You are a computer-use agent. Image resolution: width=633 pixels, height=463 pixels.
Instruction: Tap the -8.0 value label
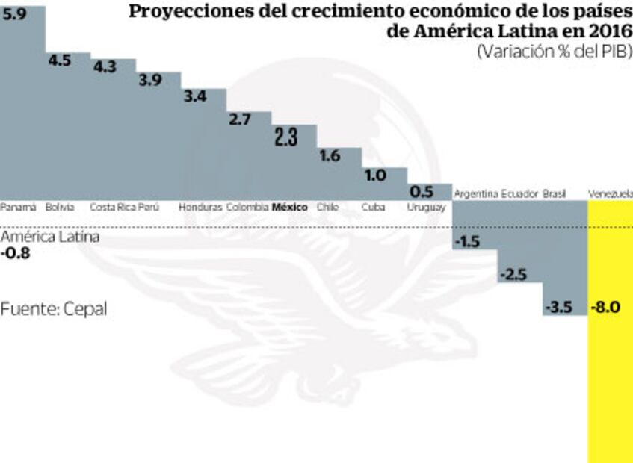[x=605, y=307]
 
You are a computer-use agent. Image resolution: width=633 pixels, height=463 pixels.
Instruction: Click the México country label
[x=290, y=207]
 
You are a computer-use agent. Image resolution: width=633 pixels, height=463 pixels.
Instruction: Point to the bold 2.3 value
[x=286, y=137]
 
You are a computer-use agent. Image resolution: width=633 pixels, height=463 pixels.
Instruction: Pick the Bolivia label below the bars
[x=60, y=207]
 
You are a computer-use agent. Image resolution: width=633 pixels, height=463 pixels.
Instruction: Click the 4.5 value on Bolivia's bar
[x=59, y=60]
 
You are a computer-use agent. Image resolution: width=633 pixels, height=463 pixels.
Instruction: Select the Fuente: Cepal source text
[x=53, y=308]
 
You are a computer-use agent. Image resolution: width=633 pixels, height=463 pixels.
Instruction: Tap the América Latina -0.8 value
[x=16, y=253]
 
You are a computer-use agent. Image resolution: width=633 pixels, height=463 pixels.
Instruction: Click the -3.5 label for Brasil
[x=558, y=307]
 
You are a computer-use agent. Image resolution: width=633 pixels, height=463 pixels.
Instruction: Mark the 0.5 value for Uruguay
[x=422, y=190]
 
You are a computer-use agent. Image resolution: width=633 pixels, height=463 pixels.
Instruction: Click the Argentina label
[x=476, y=193]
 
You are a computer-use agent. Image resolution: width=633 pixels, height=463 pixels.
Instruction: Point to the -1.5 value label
[x=468, y=241]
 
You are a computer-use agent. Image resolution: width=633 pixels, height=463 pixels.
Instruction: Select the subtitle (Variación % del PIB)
[x=554, y=52]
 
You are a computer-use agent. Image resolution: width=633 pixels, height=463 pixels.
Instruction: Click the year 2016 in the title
[x=608, y=31]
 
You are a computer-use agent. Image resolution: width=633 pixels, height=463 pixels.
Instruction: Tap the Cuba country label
[x=372, y=207]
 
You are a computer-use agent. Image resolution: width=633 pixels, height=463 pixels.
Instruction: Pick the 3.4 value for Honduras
[x=195, y=96]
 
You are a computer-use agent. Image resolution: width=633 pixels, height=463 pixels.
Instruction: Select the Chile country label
[x=327, y=207]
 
